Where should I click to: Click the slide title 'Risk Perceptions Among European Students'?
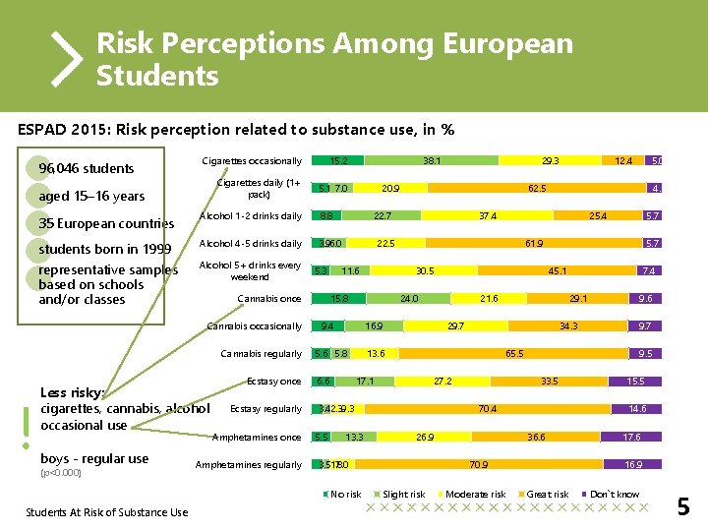click(x=334, y=59)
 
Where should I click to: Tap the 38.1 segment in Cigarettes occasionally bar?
click(x=432, y=160)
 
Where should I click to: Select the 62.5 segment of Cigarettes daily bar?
click(x=537, y=188)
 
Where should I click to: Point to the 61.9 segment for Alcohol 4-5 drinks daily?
click(x=535, y=243)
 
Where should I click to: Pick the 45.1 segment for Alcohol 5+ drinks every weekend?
click(x=556, y=270)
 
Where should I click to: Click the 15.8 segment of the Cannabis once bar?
click(x=339, y=298)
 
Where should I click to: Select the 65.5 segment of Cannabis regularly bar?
click(x=513, y=353)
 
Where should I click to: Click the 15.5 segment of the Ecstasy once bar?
click(x=636, y=381)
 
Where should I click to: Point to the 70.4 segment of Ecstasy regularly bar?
click(x=487, y=408)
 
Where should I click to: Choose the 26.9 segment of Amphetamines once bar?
click(x=426, y=437)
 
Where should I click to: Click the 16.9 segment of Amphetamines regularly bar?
click(x=634, y=464)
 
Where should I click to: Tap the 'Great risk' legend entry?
click(x=547, y=494)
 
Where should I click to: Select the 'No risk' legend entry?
click(x=345, y=494)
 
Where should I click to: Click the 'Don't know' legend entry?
click(x=613, y=494)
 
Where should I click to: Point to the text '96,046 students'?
click(x=86, y=168)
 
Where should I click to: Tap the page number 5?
click(x=683, y=507)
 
